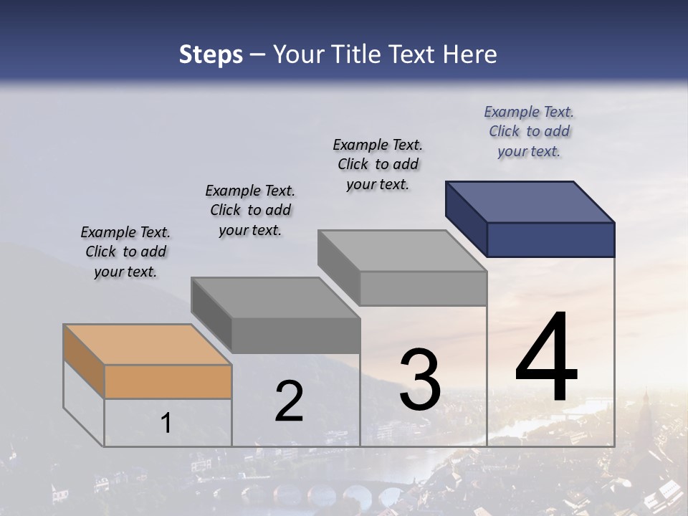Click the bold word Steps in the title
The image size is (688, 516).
(211, 54)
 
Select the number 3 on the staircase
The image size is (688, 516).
(419, 380)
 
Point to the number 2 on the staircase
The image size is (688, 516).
(289, 402)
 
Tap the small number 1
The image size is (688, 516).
(166, 424)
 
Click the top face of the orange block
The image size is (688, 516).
(147, 345)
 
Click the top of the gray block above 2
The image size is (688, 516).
(275, 297)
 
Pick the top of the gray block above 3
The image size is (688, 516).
(402, 251)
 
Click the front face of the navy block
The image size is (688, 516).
(550, 239)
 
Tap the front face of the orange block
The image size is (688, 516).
(168, 381)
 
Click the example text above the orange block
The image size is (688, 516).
(125, 252)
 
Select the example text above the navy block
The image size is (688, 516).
(529, 131)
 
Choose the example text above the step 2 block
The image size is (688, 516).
(250, 210)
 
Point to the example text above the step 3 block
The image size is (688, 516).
(378, 164)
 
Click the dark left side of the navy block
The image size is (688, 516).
(466, 217)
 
